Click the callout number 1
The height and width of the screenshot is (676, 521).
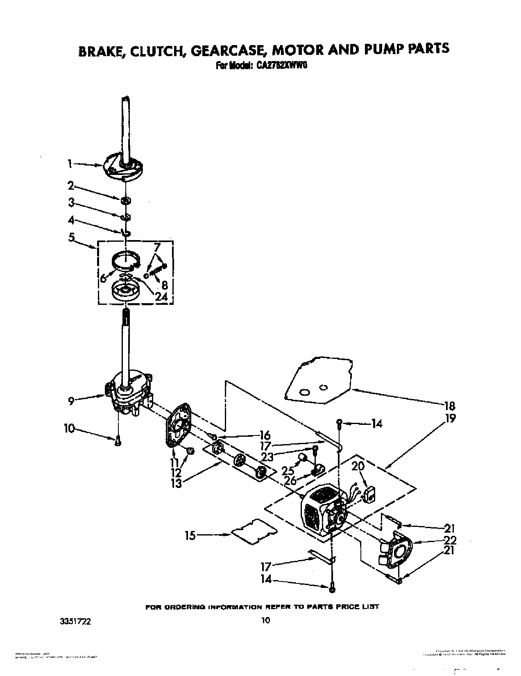pos(70,164)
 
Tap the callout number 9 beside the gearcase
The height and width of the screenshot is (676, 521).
pos(71,402)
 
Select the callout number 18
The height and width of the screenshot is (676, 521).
pos(449,406)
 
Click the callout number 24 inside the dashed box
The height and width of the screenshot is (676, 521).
pos(161,296)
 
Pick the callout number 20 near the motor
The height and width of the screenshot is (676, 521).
pos(358,466)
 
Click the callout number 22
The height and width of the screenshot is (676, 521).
pos(449,540)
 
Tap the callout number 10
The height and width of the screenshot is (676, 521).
pos(70,429)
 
